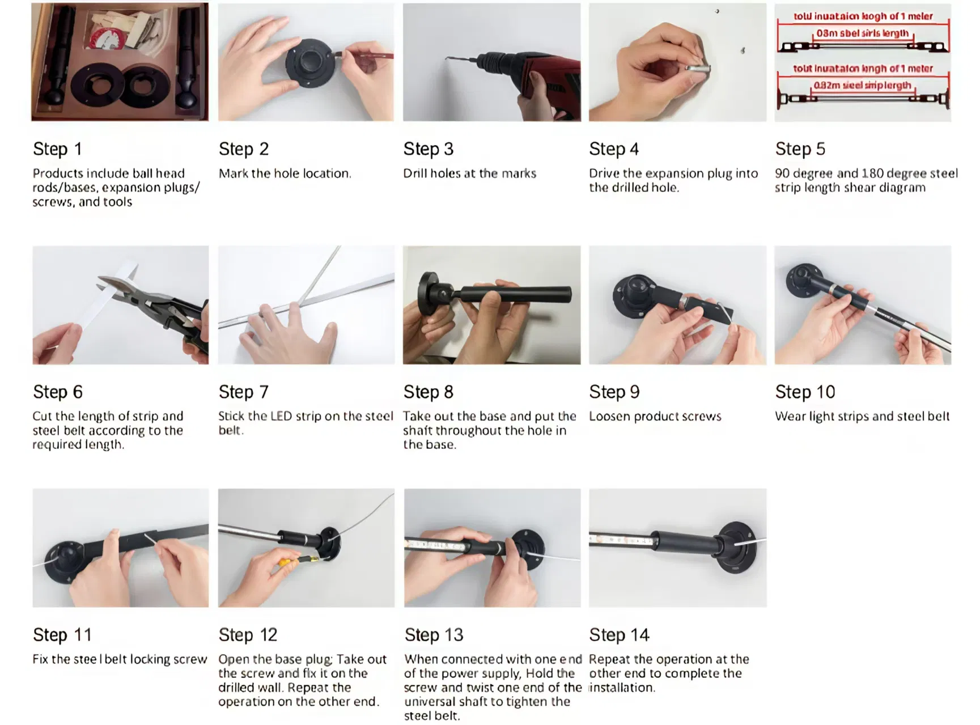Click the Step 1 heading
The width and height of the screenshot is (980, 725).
pos(57,149)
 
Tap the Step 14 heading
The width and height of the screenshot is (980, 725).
pos(619,635)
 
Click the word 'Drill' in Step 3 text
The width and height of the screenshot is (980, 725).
pos(415,173)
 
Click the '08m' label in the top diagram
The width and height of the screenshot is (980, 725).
pos(827,33)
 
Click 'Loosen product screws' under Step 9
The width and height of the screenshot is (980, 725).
pos(655,417)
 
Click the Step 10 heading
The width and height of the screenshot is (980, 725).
pos(805,392)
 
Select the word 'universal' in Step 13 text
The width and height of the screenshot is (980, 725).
pos(428,702)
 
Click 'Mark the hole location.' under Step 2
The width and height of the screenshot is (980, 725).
pos(285,173)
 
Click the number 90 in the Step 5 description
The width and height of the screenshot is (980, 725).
pos(783,173)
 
